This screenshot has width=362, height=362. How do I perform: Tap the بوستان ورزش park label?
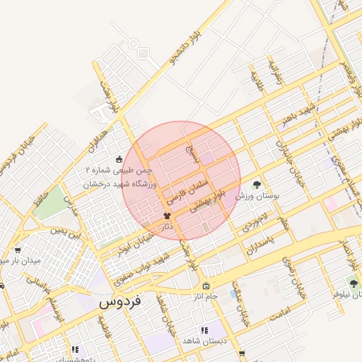(258, 194)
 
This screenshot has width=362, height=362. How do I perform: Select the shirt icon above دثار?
(167, 216)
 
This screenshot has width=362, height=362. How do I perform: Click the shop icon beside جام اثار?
(206, 286)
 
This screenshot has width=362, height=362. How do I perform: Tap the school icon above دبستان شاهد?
(204, 330)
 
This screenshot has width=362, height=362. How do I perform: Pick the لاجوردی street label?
(254, 220)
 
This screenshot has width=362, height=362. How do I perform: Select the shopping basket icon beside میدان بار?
(16, 250)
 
